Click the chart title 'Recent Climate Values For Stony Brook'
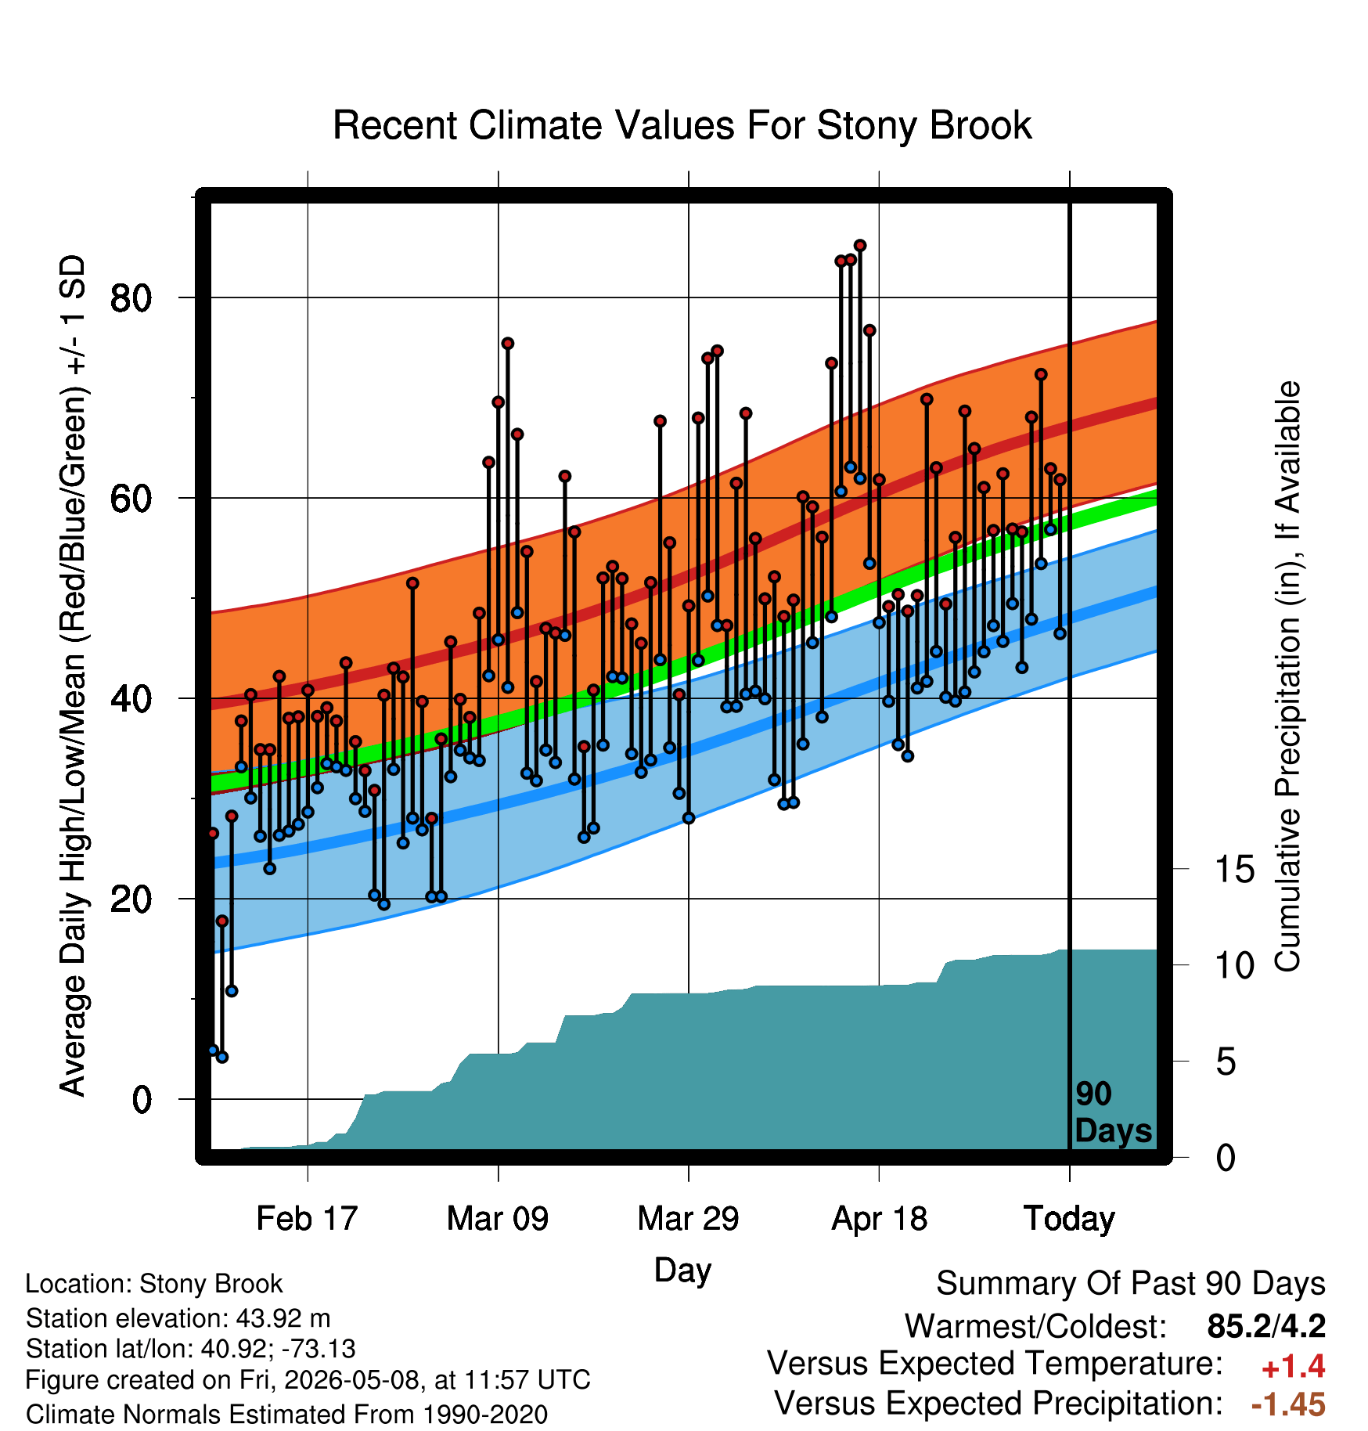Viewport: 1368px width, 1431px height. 682,125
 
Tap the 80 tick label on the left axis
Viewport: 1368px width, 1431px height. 131,297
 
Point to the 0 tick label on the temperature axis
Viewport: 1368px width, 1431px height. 142,1099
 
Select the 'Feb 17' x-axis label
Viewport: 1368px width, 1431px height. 307,1218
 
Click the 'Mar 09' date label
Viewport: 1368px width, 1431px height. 498,1218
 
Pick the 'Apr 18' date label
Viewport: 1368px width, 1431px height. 879,1218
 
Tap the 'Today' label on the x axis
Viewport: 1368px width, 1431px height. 1069,1219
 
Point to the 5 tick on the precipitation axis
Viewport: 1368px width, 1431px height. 1226,1062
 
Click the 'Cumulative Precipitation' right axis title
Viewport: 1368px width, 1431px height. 1287,676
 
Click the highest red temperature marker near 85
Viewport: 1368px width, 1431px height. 860,246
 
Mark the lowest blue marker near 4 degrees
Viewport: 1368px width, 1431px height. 222,1057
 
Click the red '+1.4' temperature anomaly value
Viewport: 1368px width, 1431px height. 1293,1367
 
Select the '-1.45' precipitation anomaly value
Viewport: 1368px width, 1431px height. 1288,1404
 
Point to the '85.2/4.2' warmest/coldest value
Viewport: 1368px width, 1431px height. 1266,1326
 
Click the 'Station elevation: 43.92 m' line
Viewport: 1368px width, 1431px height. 178,1318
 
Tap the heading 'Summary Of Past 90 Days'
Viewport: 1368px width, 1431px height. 1131,1284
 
